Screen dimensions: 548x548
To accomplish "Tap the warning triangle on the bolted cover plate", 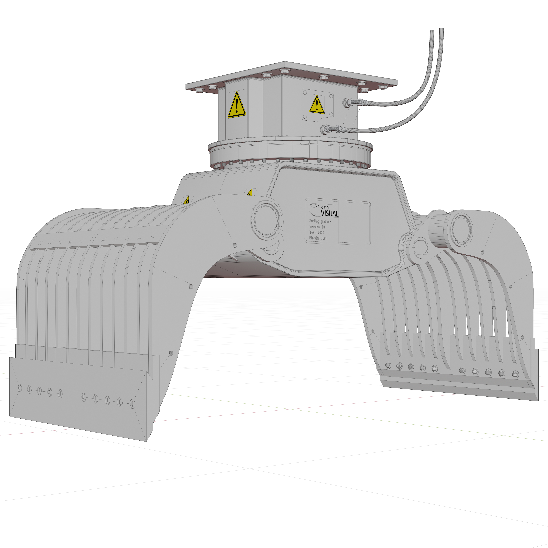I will [317, 104].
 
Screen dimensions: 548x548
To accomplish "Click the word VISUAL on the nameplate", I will [330, 213].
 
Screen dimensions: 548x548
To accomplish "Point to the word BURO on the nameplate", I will [325, 208].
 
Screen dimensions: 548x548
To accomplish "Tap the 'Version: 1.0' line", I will [317, 227].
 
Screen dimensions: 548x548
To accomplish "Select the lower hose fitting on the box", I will [325, 130].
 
